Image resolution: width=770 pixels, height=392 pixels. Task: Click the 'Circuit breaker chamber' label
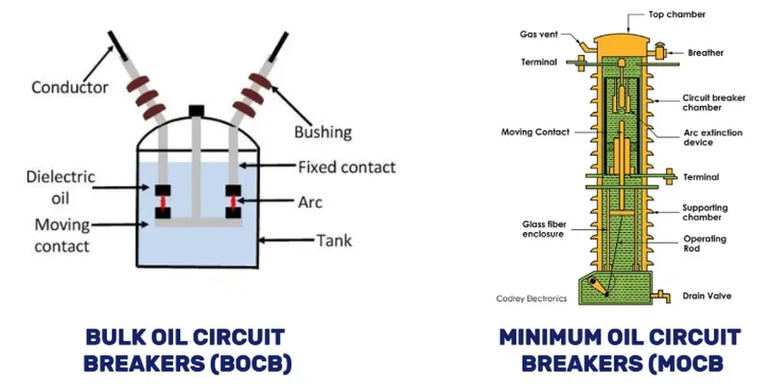709,103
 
